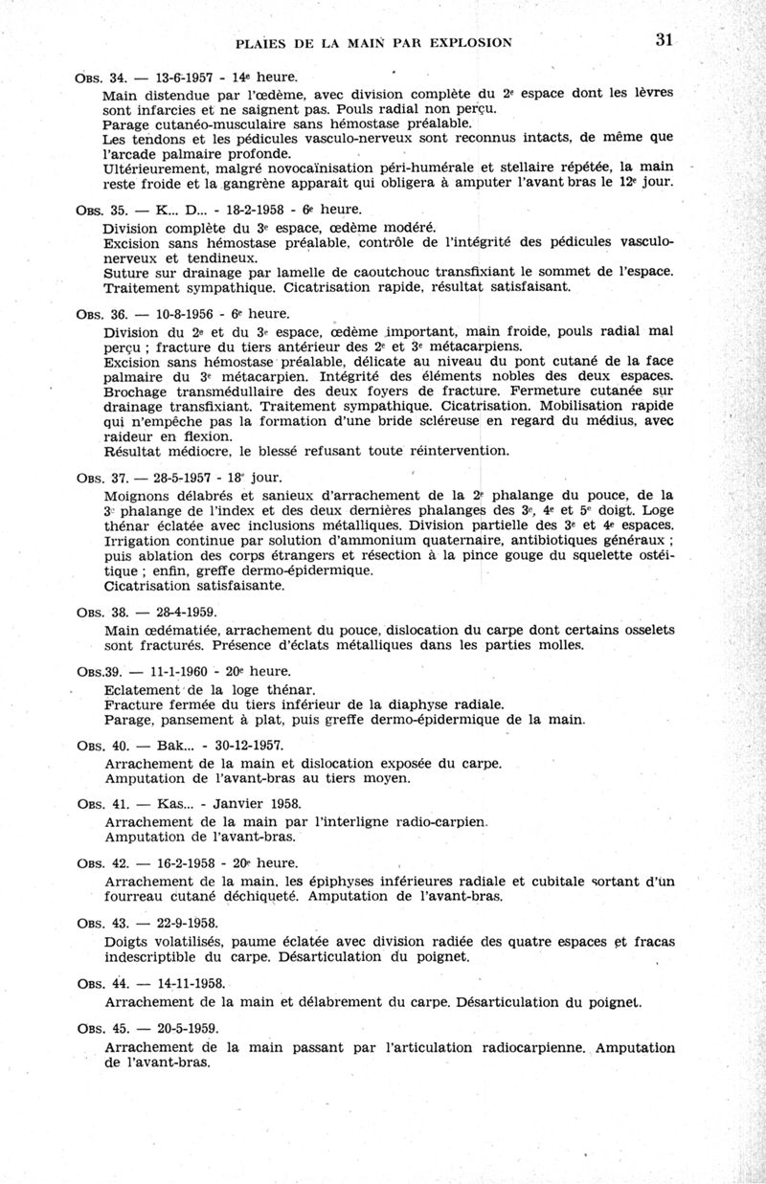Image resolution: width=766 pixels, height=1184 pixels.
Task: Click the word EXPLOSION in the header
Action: [x=461, y=42]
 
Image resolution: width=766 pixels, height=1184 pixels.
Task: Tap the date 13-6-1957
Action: [x=180, y=77]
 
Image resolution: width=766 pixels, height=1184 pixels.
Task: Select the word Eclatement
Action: [x=141, y=688]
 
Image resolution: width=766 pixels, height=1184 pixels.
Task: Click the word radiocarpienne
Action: [x=524, y=1046]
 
